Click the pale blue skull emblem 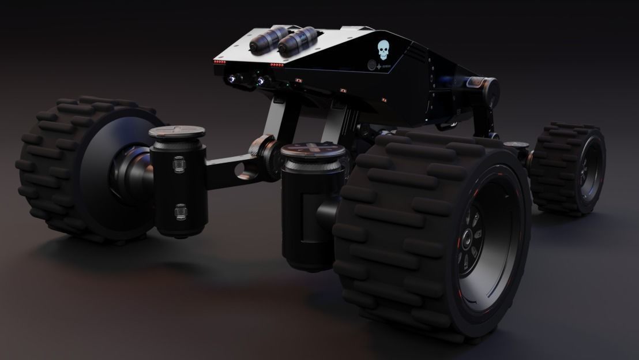click(383, 50)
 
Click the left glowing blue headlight click(232, 79)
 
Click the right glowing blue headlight click(262, 81)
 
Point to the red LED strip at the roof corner click(219, 61)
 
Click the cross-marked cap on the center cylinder click(313, 151)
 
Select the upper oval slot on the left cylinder click(179, 167)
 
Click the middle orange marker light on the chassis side click(343, 91)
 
